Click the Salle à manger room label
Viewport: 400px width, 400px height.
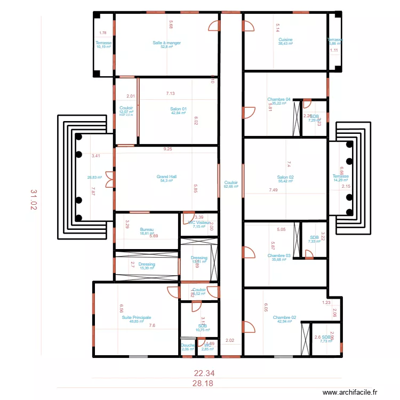point(166,43)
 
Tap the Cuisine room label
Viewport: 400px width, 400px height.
point(285,39)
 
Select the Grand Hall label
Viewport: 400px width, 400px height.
point(166,177)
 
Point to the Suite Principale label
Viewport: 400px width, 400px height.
point(136,317)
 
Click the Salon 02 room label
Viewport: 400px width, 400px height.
point(285,177)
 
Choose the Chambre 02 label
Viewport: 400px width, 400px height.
point(284,317)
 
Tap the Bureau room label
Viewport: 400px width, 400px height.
point(147,229)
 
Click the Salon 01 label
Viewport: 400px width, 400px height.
point(179,109)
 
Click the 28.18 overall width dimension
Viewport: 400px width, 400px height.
point(205,383)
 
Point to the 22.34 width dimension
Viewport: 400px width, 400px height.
point(205,374)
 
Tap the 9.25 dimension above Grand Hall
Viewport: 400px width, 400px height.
point(167,149)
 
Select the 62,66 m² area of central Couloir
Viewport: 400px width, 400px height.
point(231,187)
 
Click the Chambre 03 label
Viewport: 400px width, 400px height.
point(278,255)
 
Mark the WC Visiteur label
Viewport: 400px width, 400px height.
point(199,222)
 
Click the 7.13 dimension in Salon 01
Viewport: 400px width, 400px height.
point(170,93)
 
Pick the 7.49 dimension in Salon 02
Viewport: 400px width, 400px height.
point(274,190)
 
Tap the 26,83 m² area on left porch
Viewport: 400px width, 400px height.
point(94,178)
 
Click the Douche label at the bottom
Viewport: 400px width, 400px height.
point(188,345)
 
